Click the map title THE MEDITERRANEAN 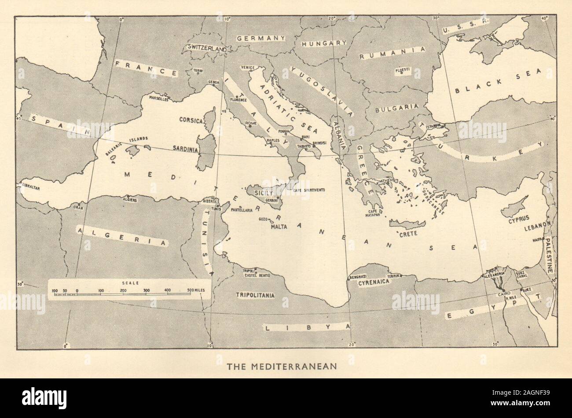282,366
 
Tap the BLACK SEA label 497,86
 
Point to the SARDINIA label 186,149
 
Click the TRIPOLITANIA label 255,295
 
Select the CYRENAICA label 374,283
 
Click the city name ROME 250,123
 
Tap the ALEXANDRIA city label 494,274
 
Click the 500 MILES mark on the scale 196,290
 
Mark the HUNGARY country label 324,43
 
